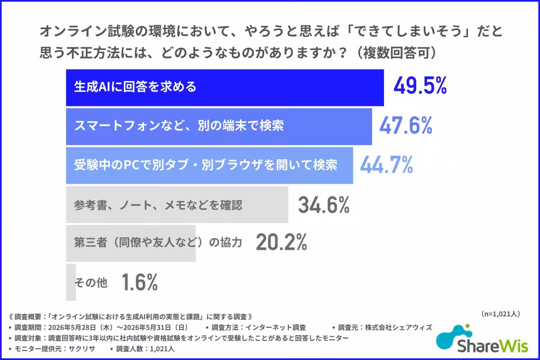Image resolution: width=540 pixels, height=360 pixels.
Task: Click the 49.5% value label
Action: [420, 85]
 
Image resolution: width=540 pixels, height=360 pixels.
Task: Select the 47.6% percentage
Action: [406, 125]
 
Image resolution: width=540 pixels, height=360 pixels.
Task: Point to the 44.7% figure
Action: [387, 164]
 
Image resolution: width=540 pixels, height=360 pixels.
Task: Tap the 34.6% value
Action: [324, 205]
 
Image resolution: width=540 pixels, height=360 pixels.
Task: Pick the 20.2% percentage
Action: [282, 242]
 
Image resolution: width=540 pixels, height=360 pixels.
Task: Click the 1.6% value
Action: [140, 282]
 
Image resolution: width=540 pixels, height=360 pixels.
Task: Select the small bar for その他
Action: [71, 282]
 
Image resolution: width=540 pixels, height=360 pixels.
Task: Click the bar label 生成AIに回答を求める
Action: [135, 86]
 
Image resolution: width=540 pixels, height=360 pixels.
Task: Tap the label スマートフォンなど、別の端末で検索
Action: [179, 126]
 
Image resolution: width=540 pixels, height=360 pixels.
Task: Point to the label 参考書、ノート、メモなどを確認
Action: [158, 205]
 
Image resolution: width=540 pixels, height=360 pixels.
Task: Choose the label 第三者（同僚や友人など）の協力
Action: [158, 243]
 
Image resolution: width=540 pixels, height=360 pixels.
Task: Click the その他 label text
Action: [91, 282]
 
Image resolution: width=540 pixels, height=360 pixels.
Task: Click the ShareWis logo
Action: [482, 339]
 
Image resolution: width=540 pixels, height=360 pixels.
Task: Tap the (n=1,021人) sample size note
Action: [500, 314]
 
